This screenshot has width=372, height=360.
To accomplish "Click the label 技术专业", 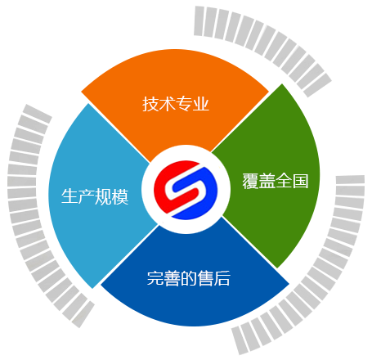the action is click(x=176, y=104).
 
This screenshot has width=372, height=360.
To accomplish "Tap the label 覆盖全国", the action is click(x=276, y=181).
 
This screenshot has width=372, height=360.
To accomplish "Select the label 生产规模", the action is click(x=95, y=196).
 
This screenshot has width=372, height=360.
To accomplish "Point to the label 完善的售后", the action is click(x=189, y=278).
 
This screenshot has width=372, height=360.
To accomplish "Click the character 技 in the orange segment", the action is click(x=150, y=104).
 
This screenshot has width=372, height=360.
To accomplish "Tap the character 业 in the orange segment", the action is click(x=201, y=104).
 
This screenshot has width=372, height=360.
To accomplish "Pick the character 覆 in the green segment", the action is click(x=250, y=181).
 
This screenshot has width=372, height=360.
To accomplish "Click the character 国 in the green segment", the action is click(x=300, y=181).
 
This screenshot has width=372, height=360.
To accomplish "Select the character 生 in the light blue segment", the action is click(x=69, y=196).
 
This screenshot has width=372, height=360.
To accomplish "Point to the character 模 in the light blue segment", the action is click(x=120, y=196).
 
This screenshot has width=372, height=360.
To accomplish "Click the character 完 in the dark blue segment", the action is click(x=155, y=278).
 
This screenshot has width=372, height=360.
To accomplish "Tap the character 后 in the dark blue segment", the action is click(x=222, y=278).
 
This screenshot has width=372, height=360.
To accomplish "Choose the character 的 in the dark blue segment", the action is click(x=189, y=278).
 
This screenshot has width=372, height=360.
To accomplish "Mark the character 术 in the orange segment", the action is click(x=167, y=104).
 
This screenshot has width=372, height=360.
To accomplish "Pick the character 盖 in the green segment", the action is click(x=267, y=181).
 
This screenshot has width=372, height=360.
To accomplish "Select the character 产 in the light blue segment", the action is click(x=87, y=196).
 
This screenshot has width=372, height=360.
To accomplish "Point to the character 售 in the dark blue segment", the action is click(x=205, y=278).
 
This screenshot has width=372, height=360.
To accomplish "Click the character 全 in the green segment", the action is click(x=284, y=181).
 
